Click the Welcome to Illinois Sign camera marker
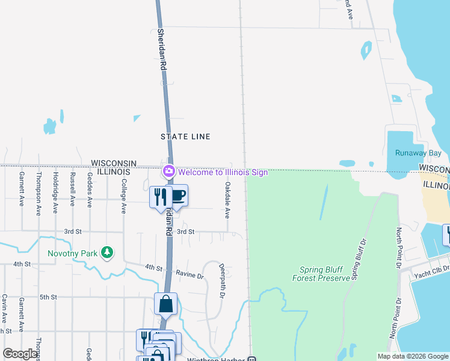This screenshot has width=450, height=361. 168,172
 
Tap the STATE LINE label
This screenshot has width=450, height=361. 185,137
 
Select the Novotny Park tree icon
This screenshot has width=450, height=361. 106,252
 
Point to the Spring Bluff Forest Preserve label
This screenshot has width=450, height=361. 321,274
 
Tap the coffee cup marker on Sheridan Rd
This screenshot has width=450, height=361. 177,196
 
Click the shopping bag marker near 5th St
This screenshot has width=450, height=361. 165,304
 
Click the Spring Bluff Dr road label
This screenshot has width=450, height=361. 359,259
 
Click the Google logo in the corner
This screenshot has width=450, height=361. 20,354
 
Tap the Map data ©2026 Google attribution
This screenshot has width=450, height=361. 412,356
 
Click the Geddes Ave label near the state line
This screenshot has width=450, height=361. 89,190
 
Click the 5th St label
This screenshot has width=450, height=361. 48,297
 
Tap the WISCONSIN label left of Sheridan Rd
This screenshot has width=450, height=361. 114,163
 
